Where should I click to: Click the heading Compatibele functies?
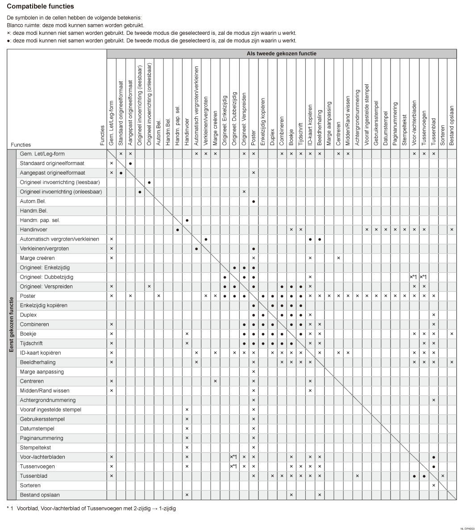[x=41, y=7]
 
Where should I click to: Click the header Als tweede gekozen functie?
[x=282, y=54]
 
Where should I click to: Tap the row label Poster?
[x=28, y=296]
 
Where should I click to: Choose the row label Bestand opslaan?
[x=40, y=495]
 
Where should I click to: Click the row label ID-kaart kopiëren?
[x=40, y=353]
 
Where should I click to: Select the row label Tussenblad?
[x=33, y=476]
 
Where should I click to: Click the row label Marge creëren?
[x=37, y=258]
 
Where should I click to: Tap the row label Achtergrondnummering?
[x=48, y=400]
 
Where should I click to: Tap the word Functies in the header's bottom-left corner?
[x=21, y=145]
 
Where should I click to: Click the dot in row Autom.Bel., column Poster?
[x=254, y=201]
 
